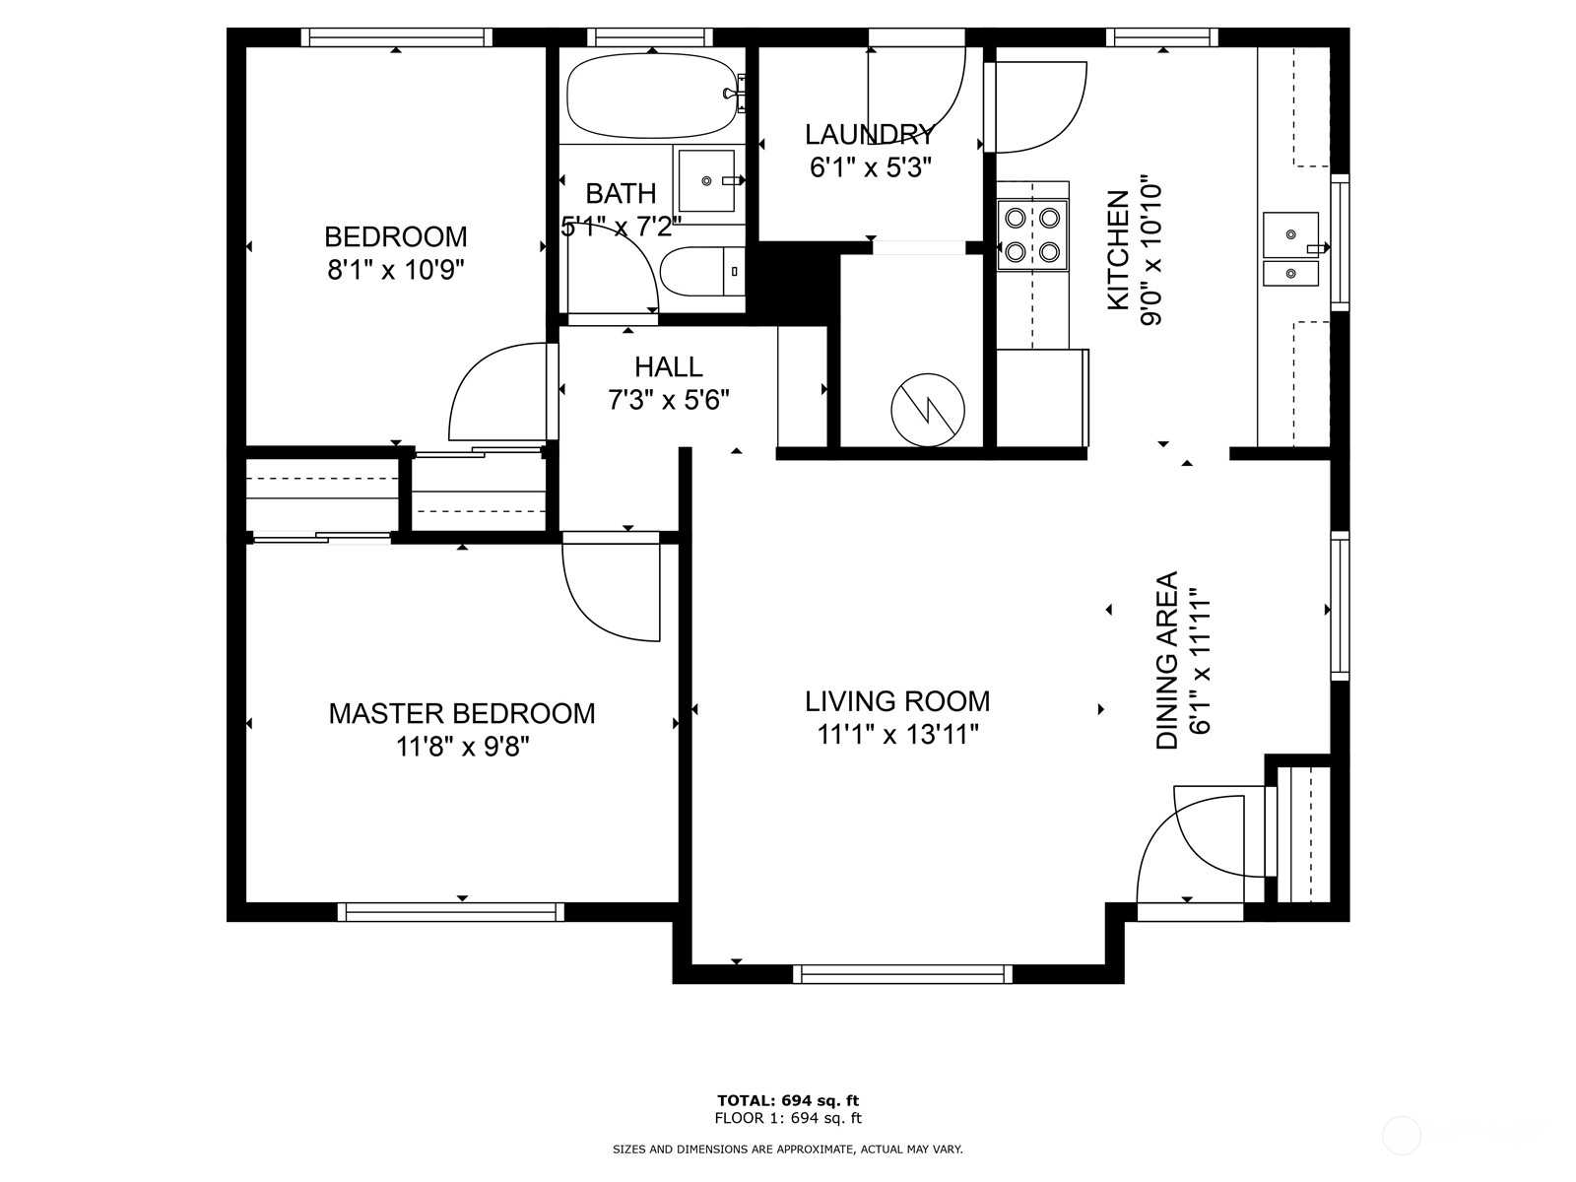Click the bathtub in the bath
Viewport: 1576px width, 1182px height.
(652, 96)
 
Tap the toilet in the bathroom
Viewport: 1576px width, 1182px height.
(703, 271)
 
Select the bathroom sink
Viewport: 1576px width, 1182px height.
(706, 180)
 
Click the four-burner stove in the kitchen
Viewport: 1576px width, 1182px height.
(1032, 234)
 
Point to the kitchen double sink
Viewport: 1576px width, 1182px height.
(1291, 248)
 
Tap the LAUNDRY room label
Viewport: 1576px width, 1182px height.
(870, 134)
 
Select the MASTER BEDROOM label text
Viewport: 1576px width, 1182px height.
(462, 713)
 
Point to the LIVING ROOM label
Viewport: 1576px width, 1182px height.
(897, 701)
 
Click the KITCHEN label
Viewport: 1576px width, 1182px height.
(1119, 250)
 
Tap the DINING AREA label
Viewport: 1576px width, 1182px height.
(1167, 660)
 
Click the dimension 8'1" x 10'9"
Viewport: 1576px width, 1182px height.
(396, 271)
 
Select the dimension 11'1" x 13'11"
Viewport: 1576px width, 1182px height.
(897, 735)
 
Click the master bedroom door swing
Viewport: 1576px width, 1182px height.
(611, 587)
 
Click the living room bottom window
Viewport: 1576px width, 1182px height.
(902, 974)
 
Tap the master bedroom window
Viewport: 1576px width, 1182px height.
(451, 912)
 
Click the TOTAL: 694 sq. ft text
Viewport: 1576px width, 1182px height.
(788, 1100)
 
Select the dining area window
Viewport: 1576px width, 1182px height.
(1340, 606)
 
